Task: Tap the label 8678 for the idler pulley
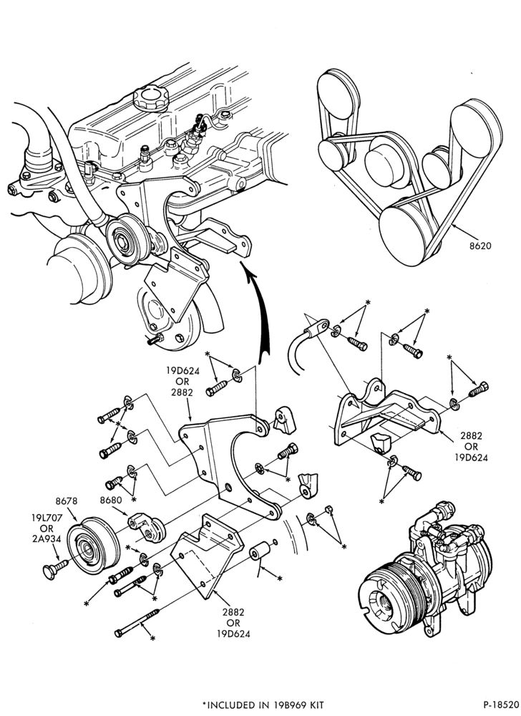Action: pos(67,501)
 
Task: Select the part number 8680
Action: pos(111,500)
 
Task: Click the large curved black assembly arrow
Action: pos(258,311)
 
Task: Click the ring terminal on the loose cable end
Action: pos(319,327)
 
